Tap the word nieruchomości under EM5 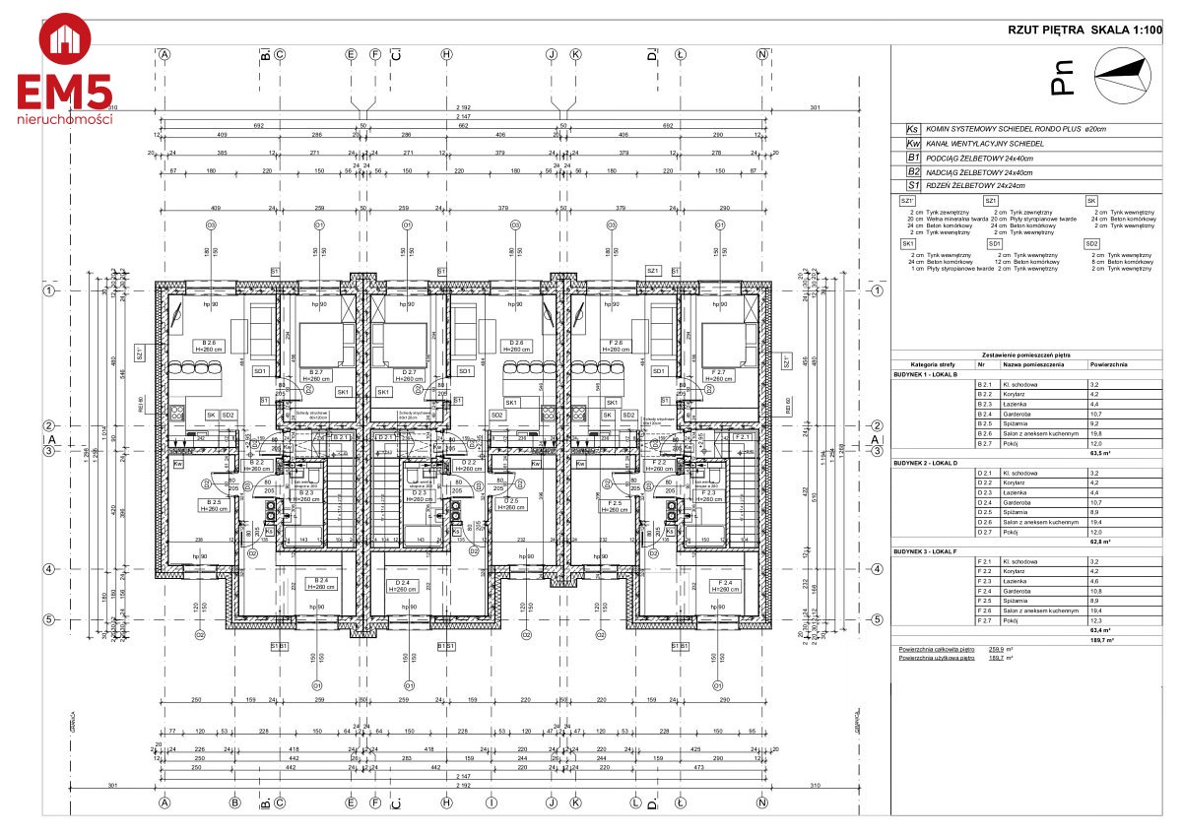point(65,119)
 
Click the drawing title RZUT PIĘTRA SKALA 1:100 point(1080,31)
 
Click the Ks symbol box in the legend point(912,129)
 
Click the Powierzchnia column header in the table point(1108,364)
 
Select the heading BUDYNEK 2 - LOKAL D point(930,462)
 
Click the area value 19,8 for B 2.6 point(1095,433)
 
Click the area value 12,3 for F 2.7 point(1095,620)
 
